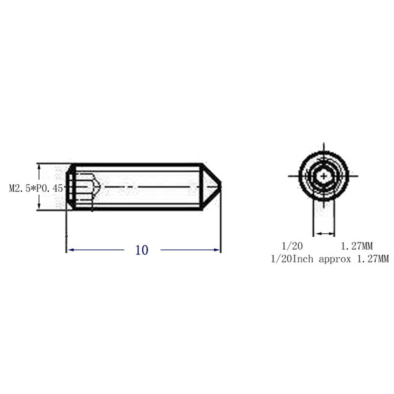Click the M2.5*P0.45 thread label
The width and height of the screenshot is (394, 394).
click(36, 188)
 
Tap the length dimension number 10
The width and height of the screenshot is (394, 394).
click(142, 250)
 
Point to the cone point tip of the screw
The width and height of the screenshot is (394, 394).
click(220, 187)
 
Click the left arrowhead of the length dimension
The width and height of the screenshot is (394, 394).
click(71, 250)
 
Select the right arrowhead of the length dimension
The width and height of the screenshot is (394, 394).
click(217, 250)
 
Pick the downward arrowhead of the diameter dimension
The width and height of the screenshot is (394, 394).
click(39, 206)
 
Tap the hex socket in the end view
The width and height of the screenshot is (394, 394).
click(324, 176)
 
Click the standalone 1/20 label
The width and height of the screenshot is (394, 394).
click(292, 246)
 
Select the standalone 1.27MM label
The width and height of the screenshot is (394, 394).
click(357, 246)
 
